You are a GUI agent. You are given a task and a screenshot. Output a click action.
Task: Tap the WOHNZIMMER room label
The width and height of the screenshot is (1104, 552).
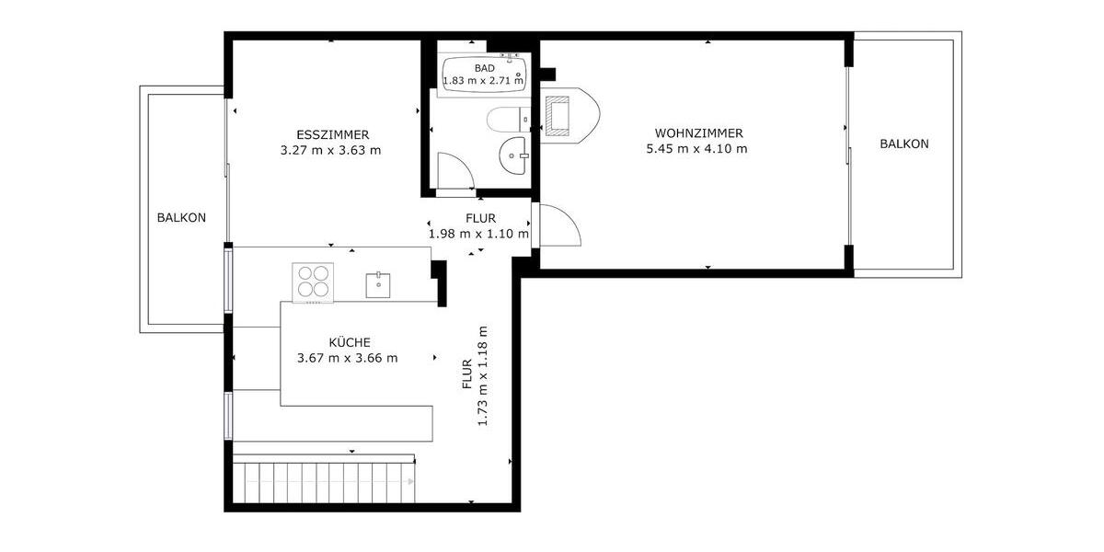click(698, 132)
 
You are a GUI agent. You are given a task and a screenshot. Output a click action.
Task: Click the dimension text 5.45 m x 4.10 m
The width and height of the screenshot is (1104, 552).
click(698, 149)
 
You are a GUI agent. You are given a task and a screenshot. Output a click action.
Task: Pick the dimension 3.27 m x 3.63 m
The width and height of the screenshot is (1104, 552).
click(330, 150)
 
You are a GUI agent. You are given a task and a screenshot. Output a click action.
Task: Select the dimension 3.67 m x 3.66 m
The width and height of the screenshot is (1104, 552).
click(347, 359)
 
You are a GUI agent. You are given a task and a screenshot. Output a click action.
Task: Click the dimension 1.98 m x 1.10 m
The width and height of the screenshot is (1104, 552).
click(478, 234)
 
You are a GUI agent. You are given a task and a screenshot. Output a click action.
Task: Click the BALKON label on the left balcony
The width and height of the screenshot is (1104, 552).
click(181, 218)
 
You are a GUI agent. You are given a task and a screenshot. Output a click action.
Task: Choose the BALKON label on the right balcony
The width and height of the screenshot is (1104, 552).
click(903, 144)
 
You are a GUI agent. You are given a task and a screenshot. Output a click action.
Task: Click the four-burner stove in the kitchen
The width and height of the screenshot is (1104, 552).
click(312, 282)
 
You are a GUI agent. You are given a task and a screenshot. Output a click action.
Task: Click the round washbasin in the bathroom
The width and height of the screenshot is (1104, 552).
click(513, 155)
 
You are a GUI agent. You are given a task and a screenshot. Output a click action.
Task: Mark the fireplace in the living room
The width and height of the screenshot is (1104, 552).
click(558, 116)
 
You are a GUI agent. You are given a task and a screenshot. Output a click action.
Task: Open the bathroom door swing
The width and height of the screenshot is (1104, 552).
click(454, 172)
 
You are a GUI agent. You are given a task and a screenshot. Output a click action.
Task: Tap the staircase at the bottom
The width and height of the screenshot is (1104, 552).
click(322, 481)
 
